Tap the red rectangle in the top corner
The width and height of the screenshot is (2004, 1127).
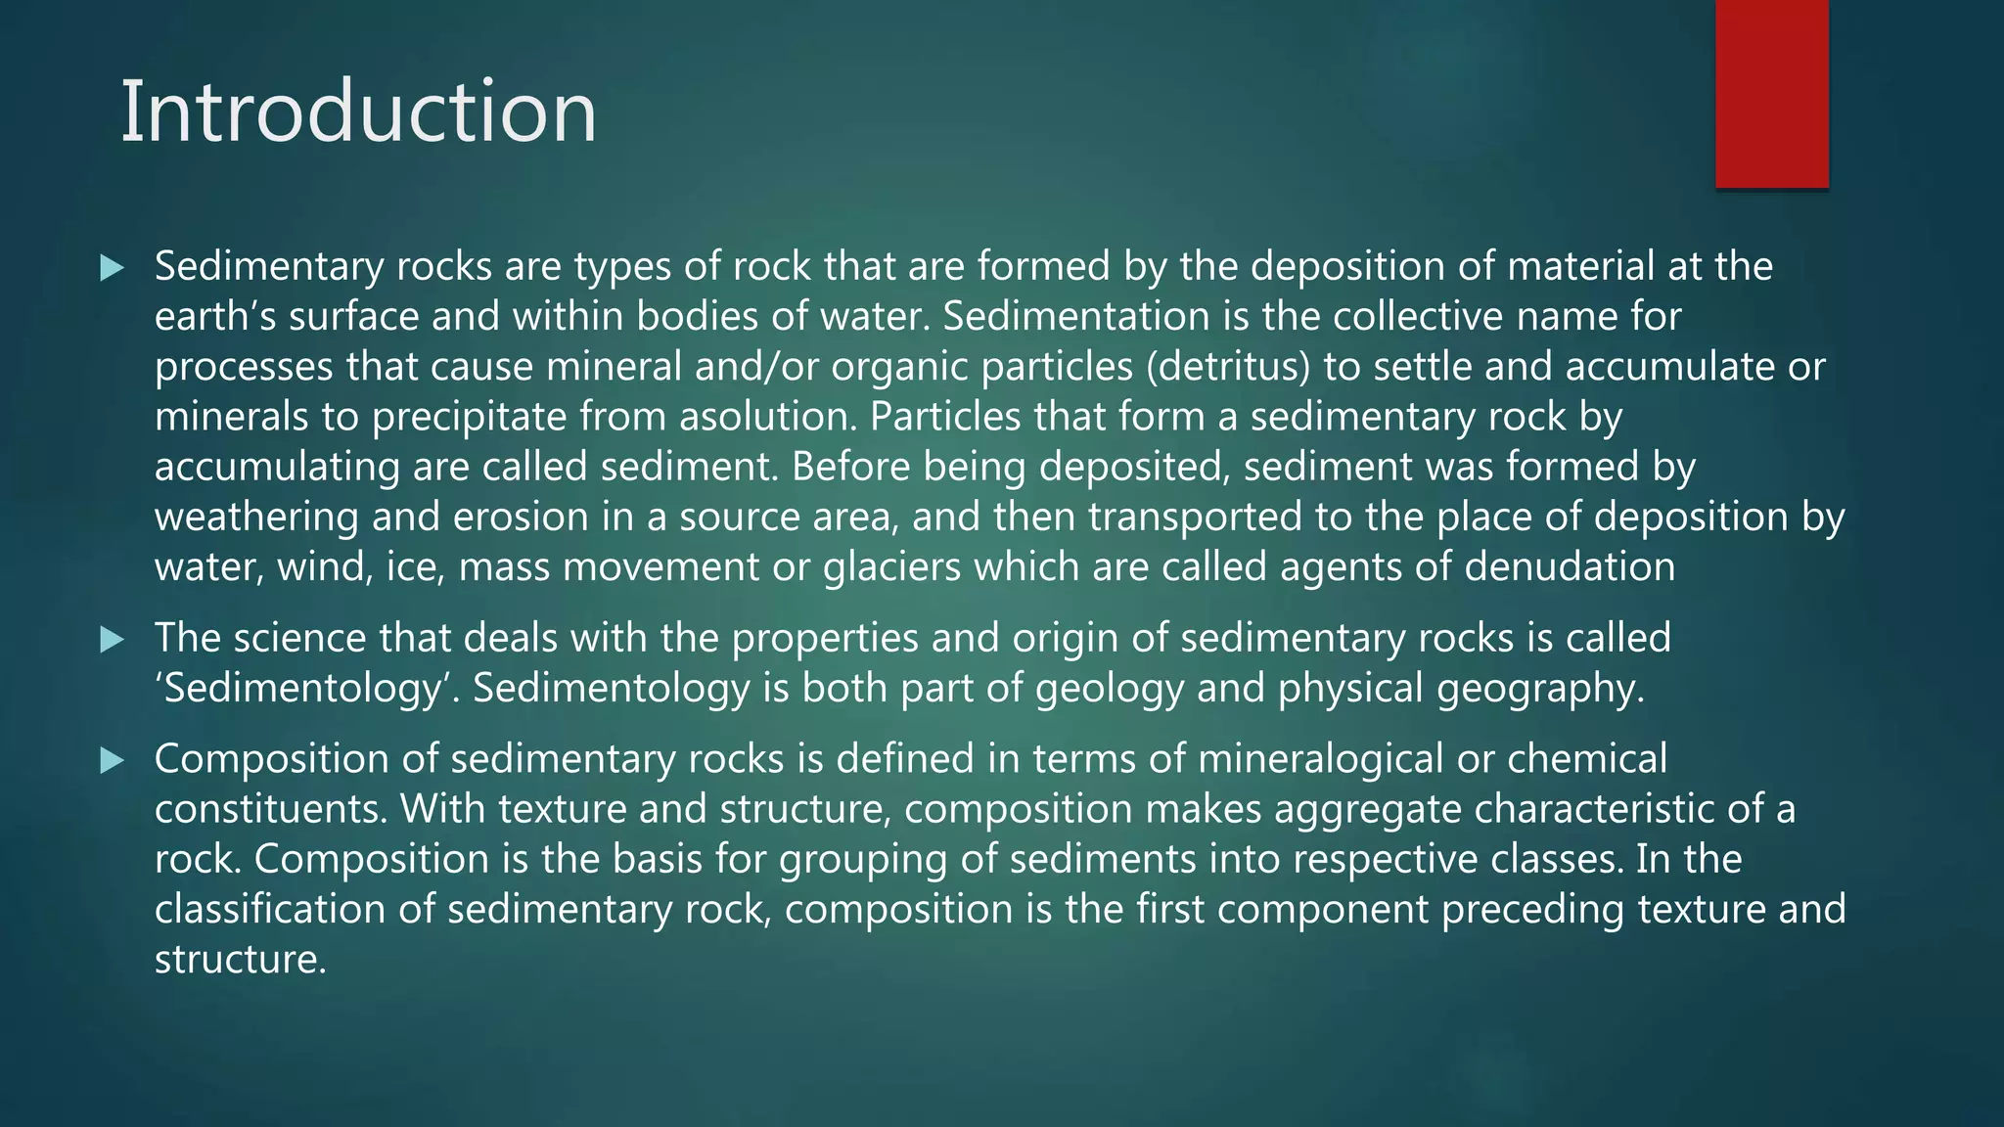tap(1771, 93)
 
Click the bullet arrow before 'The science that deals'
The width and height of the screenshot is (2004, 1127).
tap(113, 640)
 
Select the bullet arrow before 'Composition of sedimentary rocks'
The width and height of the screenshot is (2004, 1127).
tap(113, 760)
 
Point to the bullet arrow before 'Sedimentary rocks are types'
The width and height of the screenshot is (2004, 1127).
tap(113, 267)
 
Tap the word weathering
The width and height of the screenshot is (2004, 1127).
tap(256, 518)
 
